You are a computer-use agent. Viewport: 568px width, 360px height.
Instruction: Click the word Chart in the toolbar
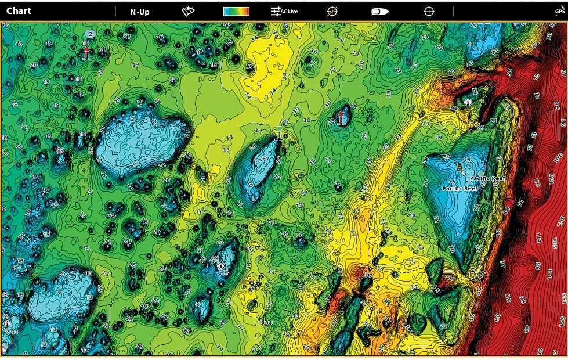(x=19, y=11)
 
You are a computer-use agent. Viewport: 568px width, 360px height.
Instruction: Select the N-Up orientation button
(x=140, y=11)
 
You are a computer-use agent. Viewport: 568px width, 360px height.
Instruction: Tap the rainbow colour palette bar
(x=236, y=11)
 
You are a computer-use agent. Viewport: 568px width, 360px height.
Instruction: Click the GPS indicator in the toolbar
(x=559, y=10)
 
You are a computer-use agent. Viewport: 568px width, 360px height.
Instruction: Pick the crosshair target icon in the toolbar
(x=429, y=11)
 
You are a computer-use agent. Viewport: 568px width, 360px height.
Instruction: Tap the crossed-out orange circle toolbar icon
(x=332, y=11)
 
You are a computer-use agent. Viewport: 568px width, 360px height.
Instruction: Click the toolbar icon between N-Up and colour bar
(x=189, y=11)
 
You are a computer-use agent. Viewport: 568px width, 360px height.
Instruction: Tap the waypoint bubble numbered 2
(x=91, y=34)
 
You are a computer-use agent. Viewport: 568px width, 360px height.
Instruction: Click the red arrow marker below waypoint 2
(x=86, y=53)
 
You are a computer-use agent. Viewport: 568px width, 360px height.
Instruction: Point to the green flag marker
(x=279, y=132)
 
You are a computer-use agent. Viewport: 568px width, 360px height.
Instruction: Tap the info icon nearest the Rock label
(x=220, y=265)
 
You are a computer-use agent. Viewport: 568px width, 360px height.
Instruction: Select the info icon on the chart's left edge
(x=6, y=323)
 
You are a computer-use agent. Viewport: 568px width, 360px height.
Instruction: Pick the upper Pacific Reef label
(x=488, y=179)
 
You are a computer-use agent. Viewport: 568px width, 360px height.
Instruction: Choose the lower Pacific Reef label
(x=460, y=189)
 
